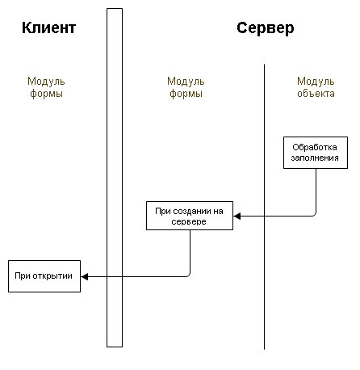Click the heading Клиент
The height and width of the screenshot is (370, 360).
[x=48, y=27]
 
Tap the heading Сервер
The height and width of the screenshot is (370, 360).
[x=266, y=28]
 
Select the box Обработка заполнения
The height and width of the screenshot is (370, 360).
[x=316, y=153]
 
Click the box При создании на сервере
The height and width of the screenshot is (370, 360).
[x=190, y=216]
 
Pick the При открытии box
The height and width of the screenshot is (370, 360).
[x=44, y=276]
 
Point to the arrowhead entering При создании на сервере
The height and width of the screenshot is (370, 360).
[x=237, y=216]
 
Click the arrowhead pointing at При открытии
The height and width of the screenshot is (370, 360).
[x=84, y=276]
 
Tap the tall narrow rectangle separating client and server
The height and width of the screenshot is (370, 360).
[x=115, y=178]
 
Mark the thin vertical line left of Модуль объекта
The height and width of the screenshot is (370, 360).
[x=264, y=207]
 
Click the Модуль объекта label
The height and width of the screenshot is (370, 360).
[x=316, y=87]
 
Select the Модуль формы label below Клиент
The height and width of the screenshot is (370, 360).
[x=46, y=87]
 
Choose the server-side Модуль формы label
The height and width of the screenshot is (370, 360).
[x=186, y=87]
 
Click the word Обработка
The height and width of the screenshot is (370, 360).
[x=315, y=147]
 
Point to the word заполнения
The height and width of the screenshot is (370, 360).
[x=315, y=158]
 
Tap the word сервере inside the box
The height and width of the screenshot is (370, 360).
[x=189, y=221]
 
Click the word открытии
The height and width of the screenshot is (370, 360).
[x=56, y=276]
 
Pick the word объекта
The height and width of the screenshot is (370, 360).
[x=316, y=94]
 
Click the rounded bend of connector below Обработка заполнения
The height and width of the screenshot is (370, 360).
[x=314, y=215]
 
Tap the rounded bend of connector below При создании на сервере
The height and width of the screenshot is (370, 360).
[x=189, y=275]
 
